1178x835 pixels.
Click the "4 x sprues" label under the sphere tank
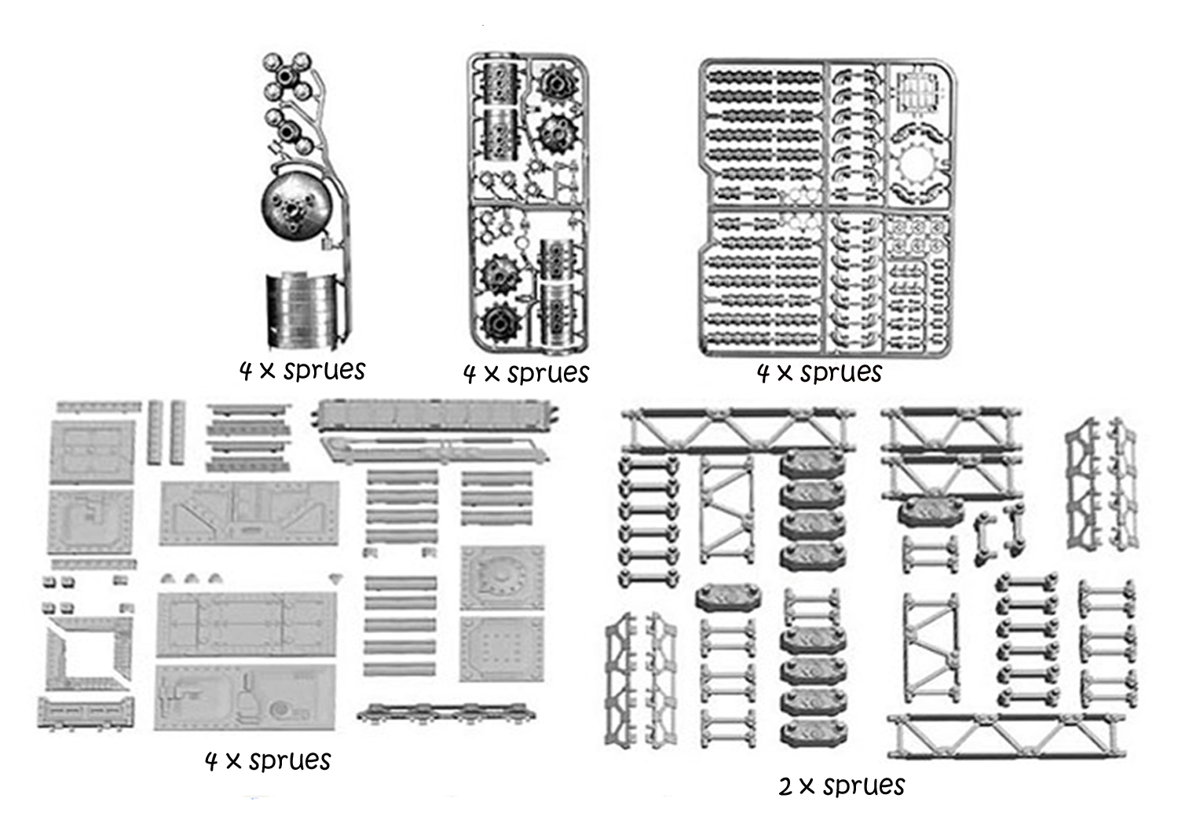click(x=302, y=370)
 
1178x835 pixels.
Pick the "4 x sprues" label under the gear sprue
click(x=525, y=373)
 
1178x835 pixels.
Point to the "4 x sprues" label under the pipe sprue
click(x=819, y=372)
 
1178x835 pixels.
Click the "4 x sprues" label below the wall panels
click(x=268, y=760)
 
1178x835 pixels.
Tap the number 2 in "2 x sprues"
click(x=785, y=786)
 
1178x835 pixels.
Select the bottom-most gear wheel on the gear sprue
click(x=502, y=322)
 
